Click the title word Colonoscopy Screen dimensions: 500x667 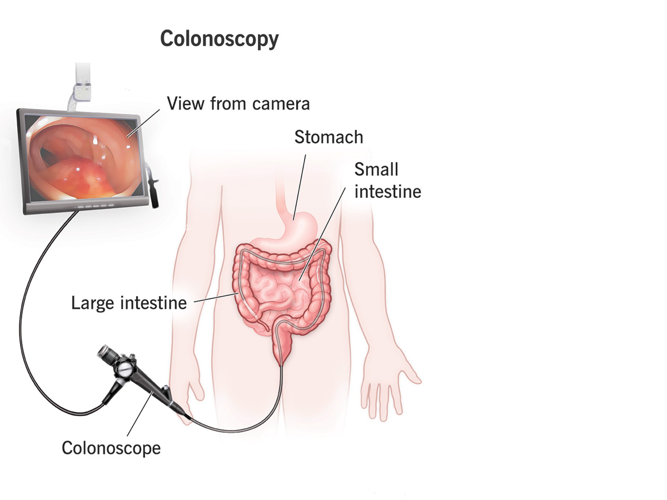click(219, 40)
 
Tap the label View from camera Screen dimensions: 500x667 click(238, 103)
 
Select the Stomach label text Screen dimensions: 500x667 click(328, 137)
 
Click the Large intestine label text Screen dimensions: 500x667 click(128, 303)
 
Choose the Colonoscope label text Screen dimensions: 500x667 click(111, 447)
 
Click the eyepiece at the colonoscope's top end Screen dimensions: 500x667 click(105, 352)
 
